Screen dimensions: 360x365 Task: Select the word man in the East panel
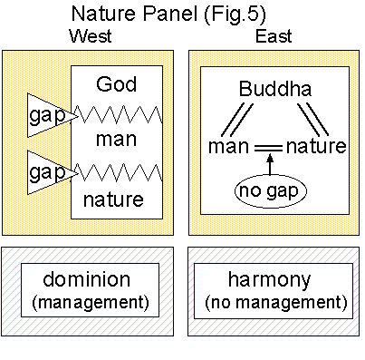(x=228, y=146)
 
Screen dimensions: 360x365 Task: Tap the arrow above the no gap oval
(x=270, y=163)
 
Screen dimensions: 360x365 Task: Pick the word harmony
(x=270, y=280)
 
